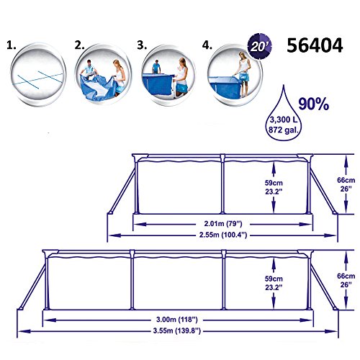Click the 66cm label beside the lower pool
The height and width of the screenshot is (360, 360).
tap(349, 279)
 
